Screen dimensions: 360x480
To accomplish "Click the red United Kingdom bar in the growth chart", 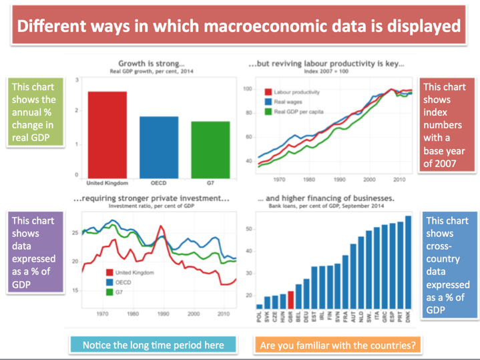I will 107,134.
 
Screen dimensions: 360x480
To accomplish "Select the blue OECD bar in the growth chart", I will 159,146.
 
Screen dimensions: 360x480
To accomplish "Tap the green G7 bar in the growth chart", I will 210,149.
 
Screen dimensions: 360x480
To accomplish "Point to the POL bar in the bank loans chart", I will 260,306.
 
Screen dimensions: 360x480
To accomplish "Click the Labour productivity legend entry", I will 293,92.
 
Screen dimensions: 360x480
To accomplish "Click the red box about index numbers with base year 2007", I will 444,126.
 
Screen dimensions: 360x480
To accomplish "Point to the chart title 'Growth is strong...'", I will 152,63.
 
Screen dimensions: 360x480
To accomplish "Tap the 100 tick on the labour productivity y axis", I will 247,89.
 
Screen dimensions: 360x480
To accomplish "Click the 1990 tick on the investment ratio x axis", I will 163,313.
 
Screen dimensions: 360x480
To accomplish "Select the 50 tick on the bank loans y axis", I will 250,229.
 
